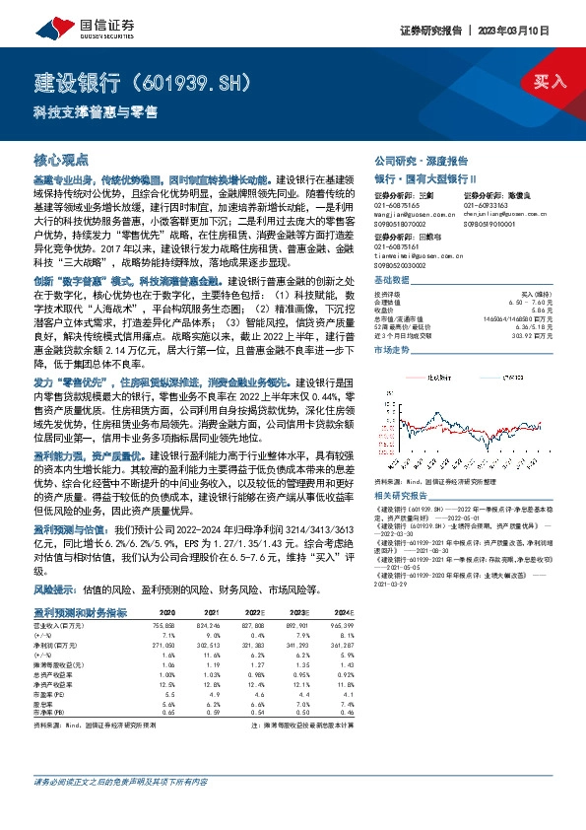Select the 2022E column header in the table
click(x=252, y=613)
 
